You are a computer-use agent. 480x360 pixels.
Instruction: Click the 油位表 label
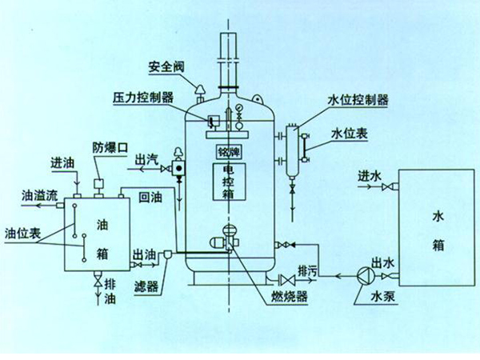(x=22, y=232)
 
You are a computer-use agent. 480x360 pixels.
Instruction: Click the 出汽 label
(x=146, y=159)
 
